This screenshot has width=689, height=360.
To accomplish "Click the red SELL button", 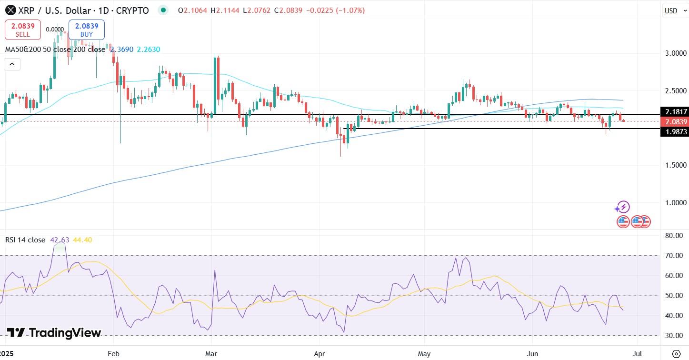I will click(23, 30).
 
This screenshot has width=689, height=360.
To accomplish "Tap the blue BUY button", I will click(86, 30).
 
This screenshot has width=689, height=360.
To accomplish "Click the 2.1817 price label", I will click(674, 111).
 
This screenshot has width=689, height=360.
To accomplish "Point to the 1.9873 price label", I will click(674, 131).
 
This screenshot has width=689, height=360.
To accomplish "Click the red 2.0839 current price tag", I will click(674, 121).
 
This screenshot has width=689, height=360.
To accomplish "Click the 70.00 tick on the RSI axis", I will click(674, 255).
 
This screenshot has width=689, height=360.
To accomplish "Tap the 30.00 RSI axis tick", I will click(674, 335).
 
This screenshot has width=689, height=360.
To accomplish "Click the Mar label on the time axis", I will click(211, 354).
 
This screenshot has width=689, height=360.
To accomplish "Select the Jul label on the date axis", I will click(638, 354).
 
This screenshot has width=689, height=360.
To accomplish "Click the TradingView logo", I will click(54, 333).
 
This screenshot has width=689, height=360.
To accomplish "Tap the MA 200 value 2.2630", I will click(149, 49).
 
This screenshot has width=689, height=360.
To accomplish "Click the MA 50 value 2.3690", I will click(121, 49).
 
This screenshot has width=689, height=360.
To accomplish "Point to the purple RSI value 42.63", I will click(60, 240).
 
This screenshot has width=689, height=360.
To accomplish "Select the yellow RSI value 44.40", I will click(82, 240).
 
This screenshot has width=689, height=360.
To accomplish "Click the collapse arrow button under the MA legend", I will click(12, 64).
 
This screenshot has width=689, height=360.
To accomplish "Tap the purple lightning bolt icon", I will click(622, 207).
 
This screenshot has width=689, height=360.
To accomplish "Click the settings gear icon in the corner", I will click(676, 353).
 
